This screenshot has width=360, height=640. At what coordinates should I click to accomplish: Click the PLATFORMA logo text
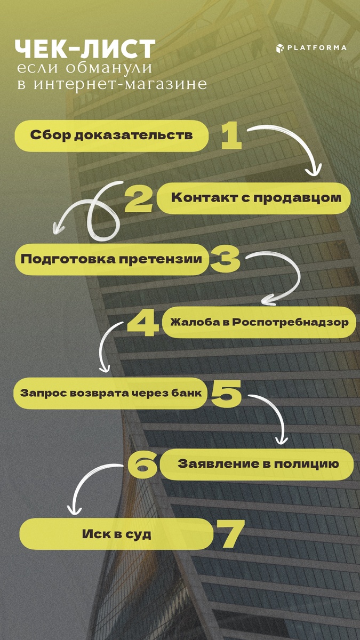(x=317, y=48)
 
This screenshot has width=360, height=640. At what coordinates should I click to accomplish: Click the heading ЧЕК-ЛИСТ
(x=85, y=50)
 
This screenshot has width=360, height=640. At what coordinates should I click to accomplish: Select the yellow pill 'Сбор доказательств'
(x=111, y=135)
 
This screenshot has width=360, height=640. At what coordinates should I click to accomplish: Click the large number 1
(x=231, y=135)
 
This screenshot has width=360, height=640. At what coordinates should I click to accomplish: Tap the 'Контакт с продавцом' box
(x=256, y=198)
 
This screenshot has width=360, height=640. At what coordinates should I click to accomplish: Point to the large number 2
(x=138, y=198)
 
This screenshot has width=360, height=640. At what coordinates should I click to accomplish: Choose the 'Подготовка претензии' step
(x=111, y=259)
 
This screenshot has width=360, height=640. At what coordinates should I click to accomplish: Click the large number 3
(x=224, y=259)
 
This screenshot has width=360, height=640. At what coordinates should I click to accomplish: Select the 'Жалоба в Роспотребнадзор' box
(x=259, y=322)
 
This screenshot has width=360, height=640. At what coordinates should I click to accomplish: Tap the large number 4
(x=143, y=322)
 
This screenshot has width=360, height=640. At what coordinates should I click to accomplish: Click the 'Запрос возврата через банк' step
(x=111, y=394)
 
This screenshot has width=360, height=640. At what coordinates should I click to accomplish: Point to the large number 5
(x=226, y=394)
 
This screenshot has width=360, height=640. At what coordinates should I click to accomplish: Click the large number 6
(x=142, y=463)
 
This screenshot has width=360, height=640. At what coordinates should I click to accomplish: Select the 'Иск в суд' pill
(x=117, y=534)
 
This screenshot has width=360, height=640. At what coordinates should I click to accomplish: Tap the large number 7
(x=230, y=534)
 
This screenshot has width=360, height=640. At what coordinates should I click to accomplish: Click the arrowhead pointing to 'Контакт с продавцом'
(x=314, y=171)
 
